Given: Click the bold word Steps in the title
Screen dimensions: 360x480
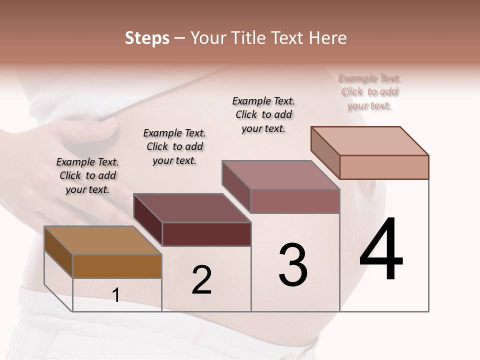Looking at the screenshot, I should pos(146,38).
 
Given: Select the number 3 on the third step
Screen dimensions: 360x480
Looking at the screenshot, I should pos(293,265).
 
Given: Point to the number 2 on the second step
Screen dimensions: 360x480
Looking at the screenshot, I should pos(201,280).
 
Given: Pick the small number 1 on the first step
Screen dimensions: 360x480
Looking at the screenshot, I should pos(116,295).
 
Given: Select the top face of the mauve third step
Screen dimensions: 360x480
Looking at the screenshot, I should pos(280,175).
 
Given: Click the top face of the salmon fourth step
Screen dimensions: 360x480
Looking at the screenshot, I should pos(369,141).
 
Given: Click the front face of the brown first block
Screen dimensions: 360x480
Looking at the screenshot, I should pos(117,266).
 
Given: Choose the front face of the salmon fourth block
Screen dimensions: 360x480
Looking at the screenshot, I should pos(384,167).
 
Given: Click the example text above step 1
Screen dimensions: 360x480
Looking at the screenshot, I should pos(87,175).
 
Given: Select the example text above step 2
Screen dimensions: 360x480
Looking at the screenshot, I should pos(174,146).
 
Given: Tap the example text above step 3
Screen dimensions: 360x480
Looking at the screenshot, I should pos(263,114).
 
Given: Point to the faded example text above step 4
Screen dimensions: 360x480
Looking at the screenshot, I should pos(369,92).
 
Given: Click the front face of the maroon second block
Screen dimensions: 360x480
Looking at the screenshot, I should pos(206,234).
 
